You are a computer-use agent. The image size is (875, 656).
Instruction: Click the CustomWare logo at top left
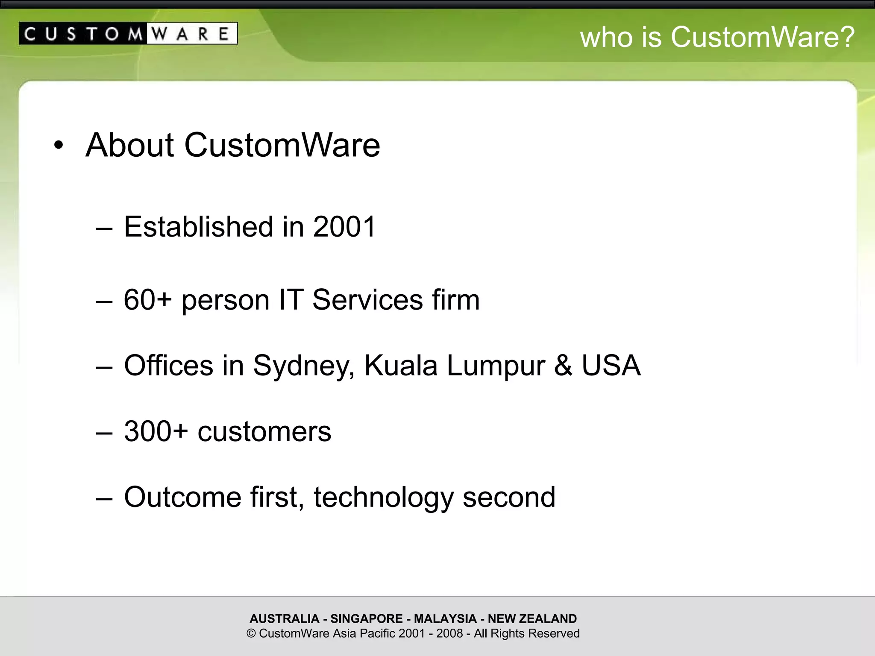pos(128,33)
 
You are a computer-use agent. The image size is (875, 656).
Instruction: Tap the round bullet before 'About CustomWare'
pos(59,146)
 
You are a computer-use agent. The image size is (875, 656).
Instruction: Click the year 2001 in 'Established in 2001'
pos(344,226)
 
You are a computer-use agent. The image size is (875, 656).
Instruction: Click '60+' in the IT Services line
pos(147,300)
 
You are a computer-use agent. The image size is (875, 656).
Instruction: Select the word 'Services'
pos(367,300)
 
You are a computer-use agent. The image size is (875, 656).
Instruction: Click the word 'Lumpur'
pos(496,366)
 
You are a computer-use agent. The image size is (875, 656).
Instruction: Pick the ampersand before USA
pos(563,366)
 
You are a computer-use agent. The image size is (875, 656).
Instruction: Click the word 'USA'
pos(611,366)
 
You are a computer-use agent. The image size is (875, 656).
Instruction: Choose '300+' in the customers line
pos(156,431)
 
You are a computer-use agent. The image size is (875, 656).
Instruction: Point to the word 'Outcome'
pos(182,498)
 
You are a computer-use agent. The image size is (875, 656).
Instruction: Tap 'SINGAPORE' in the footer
pos(366,618)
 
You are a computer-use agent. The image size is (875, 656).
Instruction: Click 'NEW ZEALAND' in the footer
pos(532,618)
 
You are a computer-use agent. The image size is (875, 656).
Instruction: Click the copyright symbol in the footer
pos(251,633)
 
